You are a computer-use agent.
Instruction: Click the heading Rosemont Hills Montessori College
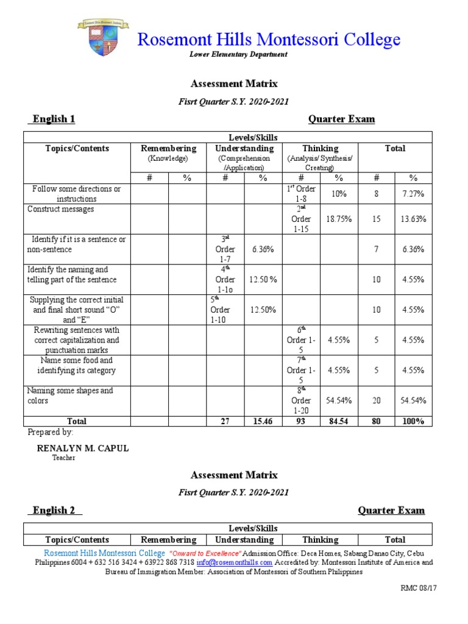(x=269, y=40)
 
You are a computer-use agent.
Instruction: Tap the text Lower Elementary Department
(x=238, y=55)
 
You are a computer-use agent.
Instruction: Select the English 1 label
(x=52, y=119)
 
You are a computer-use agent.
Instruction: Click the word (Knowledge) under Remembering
(x=169, y=158)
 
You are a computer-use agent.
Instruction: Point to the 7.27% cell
(x=413, y=194)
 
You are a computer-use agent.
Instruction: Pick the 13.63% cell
(x=413, y=219)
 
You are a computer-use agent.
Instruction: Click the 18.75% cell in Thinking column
(x=339, y=219)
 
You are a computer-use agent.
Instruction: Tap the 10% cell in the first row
(x=339, y=194)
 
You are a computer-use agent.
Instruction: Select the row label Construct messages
(x=61, y=209)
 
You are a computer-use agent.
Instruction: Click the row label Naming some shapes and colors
(x=71, y=395)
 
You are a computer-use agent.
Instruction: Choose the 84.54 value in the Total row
(x=339, y=421)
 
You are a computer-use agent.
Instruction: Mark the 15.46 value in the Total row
(x=263, y=421)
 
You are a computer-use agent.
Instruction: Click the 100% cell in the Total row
(x=413, y=421)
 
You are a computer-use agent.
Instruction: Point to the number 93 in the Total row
(x=301, y=421)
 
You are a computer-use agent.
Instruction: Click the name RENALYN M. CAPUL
(x=83, y=448)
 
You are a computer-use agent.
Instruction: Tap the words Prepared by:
(x=51, y=432)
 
